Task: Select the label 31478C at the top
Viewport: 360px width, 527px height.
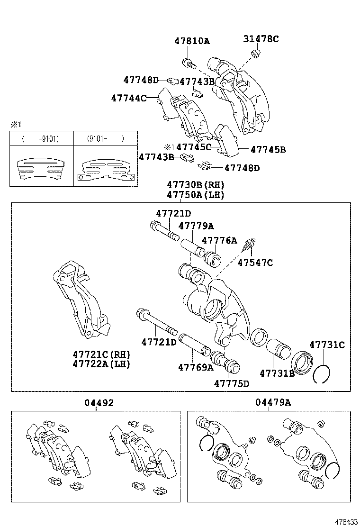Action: click(261, 39)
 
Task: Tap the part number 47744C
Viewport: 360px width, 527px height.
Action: click(128, 98)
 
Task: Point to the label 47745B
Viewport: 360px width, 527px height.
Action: click(268, 150)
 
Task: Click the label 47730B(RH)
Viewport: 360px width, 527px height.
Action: click(195, 184)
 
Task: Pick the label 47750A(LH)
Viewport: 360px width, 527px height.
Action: click(195, 194)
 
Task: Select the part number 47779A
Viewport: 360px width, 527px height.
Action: click(196, 226)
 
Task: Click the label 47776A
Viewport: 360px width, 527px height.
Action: click(219, 240)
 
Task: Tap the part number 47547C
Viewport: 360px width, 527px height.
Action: click(255, 263)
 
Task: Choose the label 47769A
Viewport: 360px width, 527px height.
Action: click(196, 367)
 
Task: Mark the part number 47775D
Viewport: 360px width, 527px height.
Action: click(231, 383)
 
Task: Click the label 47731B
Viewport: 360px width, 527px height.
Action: click(277, 373)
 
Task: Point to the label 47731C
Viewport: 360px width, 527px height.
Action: click(327, 345)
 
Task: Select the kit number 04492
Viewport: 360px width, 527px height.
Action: click(99, 403)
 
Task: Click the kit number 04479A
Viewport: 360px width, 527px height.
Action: click(273, 403)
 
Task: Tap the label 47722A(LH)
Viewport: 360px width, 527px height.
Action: click(101, 363)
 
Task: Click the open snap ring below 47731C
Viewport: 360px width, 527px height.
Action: click(322, 374)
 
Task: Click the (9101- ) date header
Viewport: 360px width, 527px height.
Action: click(105, 139)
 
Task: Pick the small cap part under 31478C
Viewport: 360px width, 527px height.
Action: click(256, 53)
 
